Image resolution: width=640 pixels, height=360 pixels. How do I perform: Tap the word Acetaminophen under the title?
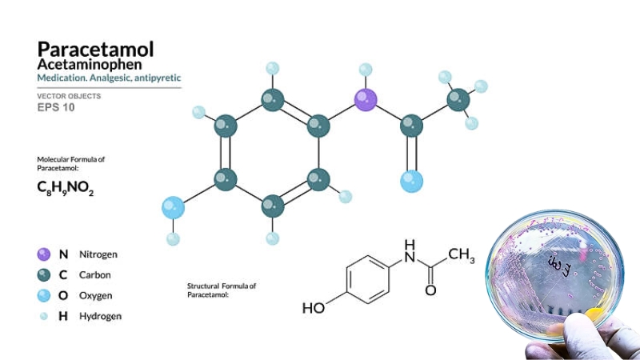coord(89,63)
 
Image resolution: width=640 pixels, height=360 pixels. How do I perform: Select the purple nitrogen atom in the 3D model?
coord(366,100)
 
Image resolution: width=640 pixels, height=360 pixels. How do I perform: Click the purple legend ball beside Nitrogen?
coord(44,254)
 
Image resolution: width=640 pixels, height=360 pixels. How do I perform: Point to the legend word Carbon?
coord(94,274)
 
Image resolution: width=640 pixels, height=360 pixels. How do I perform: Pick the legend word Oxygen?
coord(95,295)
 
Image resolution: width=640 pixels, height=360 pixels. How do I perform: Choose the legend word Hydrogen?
coord(100,316)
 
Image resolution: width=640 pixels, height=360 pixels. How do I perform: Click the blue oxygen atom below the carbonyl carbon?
coord(411,182)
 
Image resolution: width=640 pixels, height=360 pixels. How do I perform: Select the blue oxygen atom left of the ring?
coord(173,208)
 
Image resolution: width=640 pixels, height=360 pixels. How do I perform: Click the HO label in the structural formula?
coord(314,308)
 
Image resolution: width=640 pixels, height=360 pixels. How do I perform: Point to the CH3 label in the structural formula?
coord(462,256)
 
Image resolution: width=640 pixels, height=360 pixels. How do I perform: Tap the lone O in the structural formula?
coord(430,290)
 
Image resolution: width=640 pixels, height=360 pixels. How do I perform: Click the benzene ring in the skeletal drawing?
coord(367,279)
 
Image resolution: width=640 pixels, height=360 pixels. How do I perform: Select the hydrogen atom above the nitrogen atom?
coord(366,69)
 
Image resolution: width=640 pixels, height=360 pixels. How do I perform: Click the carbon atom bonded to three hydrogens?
coord(458,100)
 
